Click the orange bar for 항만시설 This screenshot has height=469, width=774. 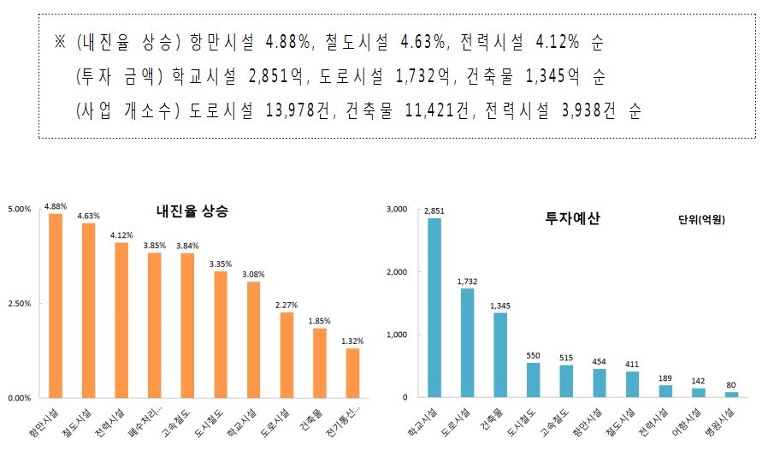pos(56,306)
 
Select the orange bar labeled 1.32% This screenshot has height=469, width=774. pos(352,373)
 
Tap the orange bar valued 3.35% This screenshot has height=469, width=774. pos(221,335)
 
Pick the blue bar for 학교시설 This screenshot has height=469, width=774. pos(434,308)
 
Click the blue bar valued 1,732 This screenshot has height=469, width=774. pos(467,343)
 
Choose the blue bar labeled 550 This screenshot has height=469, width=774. pos(534,380)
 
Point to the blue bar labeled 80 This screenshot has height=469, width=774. pos(731,395)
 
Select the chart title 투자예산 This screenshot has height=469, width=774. pos(572,218)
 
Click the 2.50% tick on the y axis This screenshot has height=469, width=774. pos(19,304)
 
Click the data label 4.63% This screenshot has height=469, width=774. pos(88,217)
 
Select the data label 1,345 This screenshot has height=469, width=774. pos(500,306)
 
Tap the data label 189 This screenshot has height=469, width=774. pos(665,378)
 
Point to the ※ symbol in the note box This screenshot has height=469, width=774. pos(60,41)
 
